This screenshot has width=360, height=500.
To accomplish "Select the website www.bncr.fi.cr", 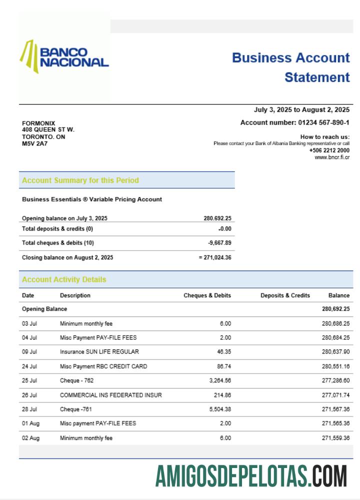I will (x=332, y=157).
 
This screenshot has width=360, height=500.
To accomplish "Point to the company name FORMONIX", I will (x=38, y=123).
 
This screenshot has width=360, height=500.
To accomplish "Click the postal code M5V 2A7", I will (x=34, y=143).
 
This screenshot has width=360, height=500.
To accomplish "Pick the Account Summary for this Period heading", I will (x=80, y=180).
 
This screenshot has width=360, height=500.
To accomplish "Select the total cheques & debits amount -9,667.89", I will (x=219, y=243).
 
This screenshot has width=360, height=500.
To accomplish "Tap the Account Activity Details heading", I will (x=64, y=280).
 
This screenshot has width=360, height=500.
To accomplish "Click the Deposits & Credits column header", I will (x=285, y=295).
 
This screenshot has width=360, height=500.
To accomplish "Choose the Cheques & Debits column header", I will (x=207, y=295).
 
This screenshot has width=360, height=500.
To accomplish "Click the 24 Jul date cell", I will (x=29, y=366).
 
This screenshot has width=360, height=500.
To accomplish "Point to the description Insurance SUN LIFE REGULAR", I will (x=99, y=352).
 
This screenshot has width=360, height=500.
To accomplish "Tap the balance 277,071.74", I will (x=335, y=395).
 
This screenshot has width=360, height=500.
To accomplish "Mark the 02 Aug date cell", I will (x=30, y=438).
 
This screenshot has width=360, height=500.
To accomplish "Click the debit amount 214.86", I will (x=222, y=395).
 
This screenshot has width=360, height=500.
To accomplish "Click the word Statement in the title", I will (x=317, y=77).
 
